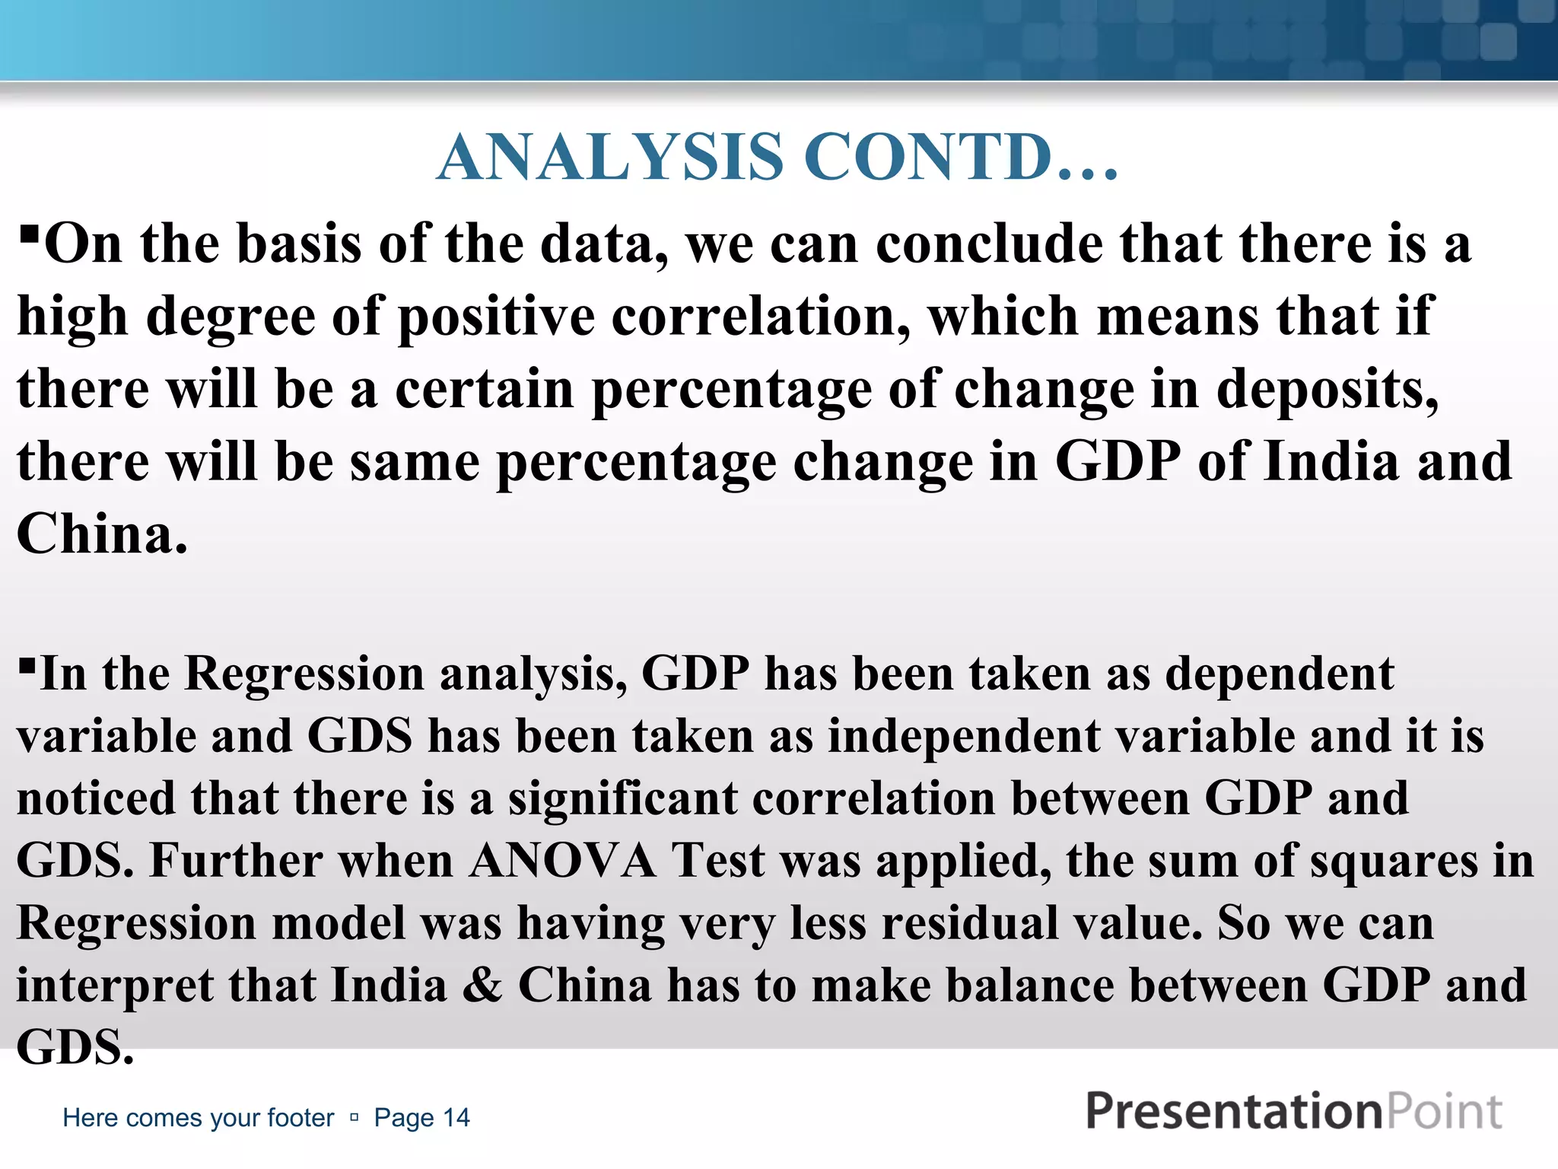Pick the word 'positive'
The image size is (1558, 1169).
(497, 317)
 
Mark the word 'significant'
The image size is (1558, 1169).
(623, 798)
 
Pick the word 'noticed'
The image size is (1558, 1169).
(96, 798)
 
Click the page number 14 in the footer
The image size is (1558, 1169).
(457, 1117)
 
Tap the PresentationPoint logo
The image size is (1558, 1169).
(1293, 1111)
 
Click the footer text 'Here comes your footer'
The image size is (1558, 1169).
(198, 1117)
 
